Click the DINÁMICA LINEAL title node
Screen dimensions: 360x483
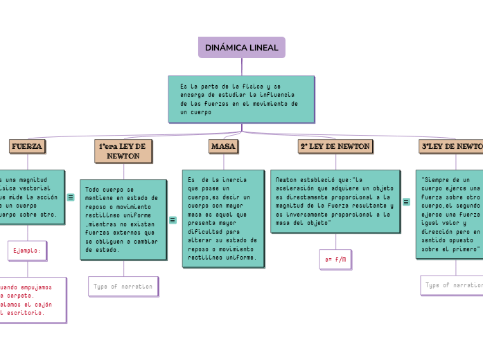(x=241, y=48)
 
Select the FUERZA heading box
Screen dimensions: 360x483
(x=27, y=146)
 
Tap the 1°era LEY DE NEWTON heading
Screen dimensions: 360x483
(x=123, y=151)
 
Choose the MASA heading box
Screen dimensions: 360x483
(x=223, y=147)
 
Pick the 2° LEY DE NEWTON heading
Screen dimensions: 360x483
(x=335, y=146)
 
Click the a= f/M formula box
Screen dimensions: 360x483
(x=335, y=260)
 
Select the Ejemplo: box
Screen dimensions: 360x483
(x=27, y=251)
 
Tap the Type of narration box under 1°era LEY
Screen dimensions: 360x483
(x=123, y=286)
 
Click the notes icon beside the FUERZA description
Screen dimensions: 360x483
(x=71, y=197)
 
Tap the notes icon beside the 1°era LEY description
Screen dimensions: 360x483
(x=173, y=219)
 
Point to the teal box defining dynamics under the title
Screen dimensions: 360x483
(x=241, y=98)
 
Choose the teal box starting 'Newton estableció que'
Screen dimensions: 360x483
(x=335, y=201)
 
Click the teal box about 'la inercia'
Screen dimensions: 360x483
(x=223, y=218)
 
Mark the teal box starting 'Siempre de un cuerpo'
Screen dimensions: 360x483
(x=450, y=214)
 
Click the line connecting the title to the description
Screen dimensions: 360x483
(x=242, y=66)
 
